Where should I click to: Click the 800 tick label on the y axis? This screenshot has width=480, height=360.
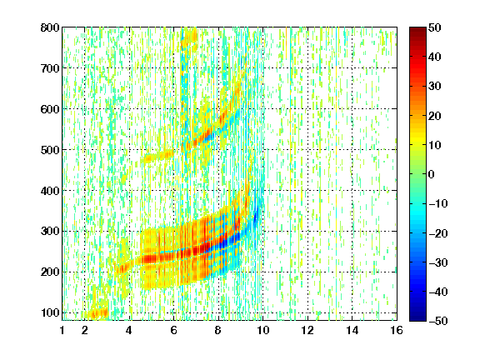click(50, 27)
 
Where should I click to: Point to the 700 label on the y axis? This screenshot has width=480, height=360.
click(50, 68)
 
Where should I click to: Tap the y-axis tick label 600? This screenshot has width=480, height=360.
click(50, 109)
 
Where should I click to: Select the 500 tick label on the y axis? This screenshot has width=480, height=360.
click(50, 150)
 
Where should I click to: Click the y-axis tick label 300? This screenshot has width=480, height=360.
click(50, 232)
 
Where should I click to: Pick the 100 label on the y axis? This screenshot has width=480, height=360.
click(50, 312)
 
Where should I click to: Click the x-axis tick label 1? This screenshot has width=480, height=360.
click(62, 331)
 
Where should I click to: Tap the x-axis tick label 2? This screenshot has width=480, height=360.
click(85, 331)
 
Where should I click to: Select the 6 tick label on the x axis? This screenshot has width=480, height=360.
click(173, 331)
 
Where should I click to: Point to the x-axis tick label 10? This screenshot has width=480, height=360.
click(262, 331)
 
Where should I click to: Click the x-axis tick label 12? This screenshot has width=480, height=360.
click(307, 331)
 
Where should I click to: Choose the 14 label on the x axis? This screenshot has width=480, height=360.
click(352, 331)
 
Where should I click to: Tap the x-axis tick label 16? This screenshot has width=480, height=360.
click(397, 331)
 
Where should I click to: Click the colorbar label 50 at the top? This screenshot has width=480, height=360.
click(434, 27)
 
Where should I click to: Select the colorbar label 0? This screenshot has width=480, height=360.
click(432, 174)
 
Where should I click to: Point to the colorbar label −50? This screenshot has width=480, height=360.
click(438, 321)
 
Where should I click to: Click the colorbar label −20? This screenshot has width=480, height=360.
click(438, 233)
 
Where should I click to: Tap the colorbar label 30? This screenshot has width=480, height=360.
click(434, 87)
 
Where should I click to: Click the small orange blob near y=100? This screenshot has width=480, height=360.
click(98, 313)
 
